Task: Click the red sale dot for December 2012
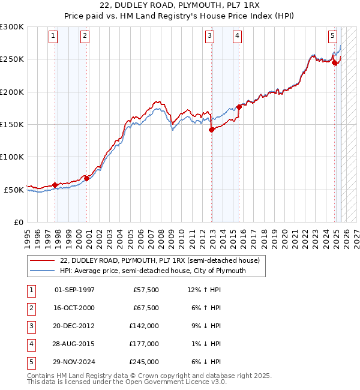212,130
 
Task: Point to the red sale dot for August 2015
239,107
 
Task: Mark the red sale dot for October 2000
86,178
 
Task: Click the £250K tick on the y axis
12,59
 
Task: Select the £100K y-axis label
12,157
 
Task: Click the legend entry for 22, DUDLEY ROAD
160,261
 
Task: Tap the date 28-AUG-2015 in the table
74,344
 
